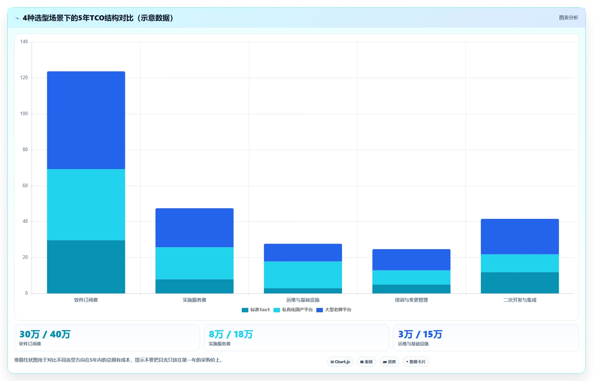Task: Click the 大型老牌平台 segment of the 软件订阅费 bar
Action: click(x=86, y=120)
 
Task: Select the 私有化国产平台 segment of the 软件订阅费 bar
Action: click(x=86, y=205)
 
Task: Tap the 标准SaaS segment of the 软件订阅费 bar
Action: click(x=86, y=267)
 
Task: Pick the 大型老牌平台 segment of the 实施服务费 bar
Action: click(x=194, y=228)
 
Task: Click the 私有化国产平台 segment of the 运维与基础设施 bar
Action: click(x=303, y=275)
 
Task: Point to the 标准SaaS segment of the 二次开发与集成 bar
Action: click(x=520, y=283)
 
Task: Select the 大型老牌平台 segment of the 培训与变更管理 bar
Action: click(x=411, y=260)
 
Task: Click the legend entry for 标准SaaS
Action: click(x=256, y=310)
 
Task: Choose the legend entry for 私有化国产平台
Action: click(x=293, y=310)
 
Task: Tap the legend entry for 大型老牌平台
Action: click(x=334, y=310)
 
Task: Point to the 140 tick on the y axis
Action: click(x=24, y=41)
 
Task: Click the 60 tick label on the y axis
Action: click(x=25, y=185)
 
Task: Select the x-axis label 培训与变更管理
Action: click(x=411, y=300)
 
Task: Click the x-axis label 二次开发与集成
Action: click(x=520, y=300)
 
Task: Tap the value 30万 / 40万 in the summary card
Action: click(x=45, y=334)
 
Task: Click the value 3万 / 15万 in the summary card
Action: click(x=420, y=334)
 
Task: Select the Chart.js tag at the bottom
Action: click(x=340, y=362)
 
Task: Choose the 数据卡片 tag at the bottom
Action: click(x=416, y=362)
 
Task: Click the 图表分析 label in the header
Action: click(x=568, y=18)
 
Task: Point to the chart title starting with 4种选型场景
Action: click(x=98, y=18)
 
